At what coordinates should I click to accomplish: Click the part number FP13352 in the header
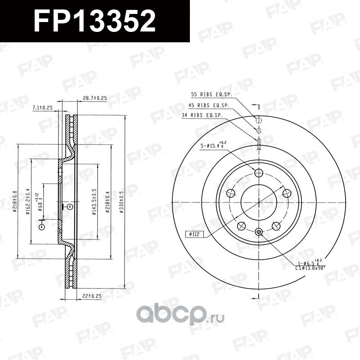94,21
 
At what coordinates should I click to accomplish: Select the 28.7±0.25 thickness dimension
94,98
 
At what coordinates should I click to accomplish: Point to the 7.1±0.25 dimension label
43,108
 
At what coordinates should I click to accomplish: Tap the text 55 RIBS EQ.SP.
211,95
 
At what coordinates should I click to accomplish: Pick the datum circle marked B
70,207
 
